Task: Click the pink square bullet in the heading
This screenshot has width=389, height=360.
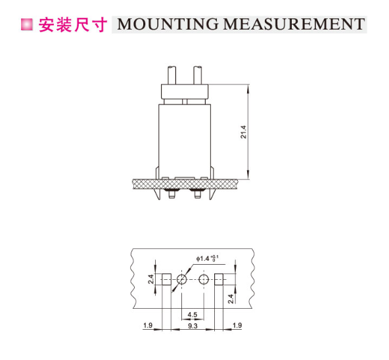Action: [27, 24]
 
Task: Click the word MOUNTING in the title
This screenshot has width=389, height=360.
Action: [168, 24]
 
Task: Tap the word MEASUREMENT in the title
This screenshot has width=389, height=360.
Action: [294, 24]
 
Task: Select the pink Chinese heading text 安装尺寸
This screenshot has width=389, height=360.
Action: [73, 24]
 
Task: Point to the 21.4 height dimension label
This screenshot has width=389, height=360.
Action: [243, 132]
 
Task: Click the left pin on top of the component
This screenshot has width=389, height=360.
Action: [172, 75]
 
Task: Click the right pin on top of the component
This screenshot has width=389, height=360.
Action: [198, 75]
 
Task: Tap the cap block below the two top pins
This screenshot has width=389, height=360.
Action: [185, 91]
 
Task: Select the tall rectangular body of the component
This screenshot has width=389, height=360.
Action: [185, 141]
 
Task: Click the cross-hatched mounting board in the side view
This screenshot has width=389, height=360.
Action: [185, 184]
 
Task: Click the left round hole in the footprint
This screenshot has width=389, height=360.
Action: [181, 279]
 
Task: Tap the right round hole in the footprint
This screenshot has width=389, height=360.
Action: [204, 279]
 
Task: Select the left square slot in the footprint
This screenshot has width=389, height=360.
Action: [166, 279]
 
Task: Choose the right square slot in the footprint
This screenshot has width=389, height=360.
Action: [219, 279]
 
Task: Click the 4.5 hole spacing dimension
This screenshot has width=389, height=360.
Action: [193, 315]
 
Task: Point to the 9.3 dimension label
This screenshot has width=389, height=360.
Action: [193, 326]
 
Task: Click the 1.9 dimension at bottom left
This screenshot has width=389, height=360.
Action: [148, 325]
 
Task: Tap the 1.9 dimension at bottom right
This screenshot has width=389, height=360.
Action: [237, 325]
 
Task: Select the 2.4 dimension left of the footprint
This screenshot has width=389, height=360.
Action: [151, 279]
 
